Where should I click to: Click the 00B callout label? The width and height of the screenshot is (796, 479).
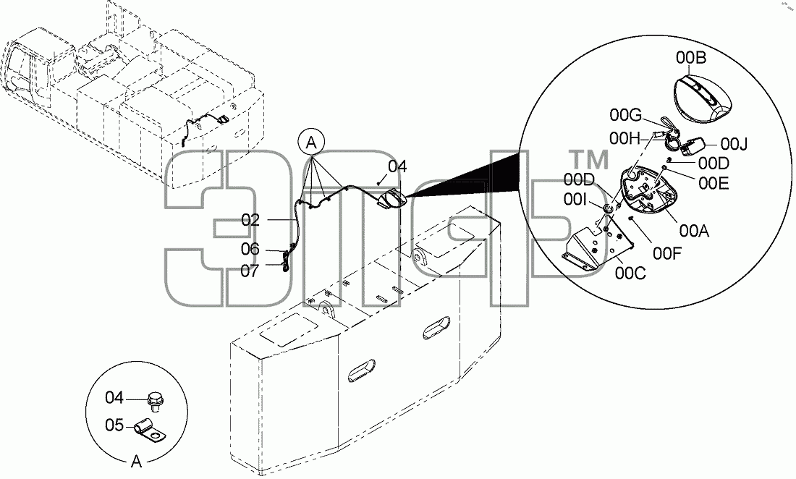691,59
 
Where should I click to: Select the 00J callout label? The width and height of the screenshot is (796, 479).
734,145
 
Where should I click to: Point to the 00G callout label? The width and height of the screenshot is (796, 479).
626,116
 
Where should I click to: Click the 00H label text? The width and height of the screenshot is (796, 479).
625,138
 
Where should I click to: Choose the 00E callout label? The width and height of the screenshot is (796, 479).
714,183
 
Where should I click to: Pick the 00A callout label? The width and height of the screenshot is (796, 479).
694,231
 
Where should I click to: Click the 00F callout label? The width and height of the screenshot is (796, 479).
667,253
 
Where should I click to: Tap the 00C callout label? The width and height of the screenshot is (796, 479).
630,274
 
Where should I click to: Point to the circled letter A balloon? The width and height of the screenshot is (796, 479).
311,143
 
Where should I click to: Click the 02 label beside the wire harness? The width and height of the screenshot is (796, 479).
251,220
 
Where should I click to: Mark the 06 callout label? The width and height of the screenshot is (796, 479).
250,249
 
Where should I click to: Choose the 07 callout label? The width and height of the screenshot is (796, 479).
250,271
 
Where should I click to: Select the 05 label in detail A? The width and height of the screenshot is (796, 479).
115,425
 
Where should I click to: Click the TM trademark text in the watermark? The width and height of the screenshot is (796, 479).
590,160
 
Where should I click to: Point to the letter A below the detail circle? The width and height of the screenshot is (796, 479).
136,462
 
